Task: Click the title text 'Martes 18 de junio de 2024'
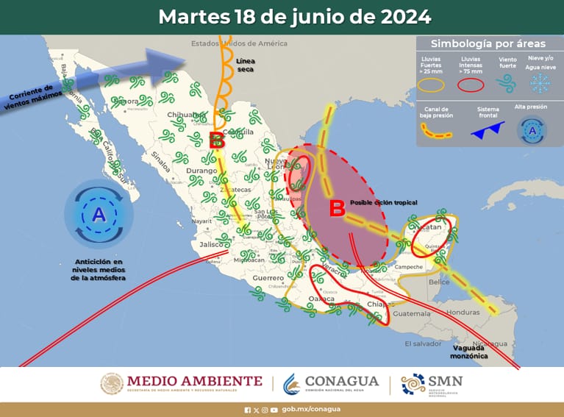294,16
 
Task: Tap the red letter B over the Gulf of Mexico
337,209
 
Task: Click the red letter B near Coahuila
216,140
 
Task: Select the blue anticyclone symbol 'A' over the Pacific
99,215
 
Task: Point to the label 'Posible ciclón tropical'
383,202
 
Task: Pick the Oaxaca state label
321,299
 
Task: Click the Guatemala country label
410,314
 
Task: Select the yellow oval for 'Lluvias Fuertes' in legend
432,85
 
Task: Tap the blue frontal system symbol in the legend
487,131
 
